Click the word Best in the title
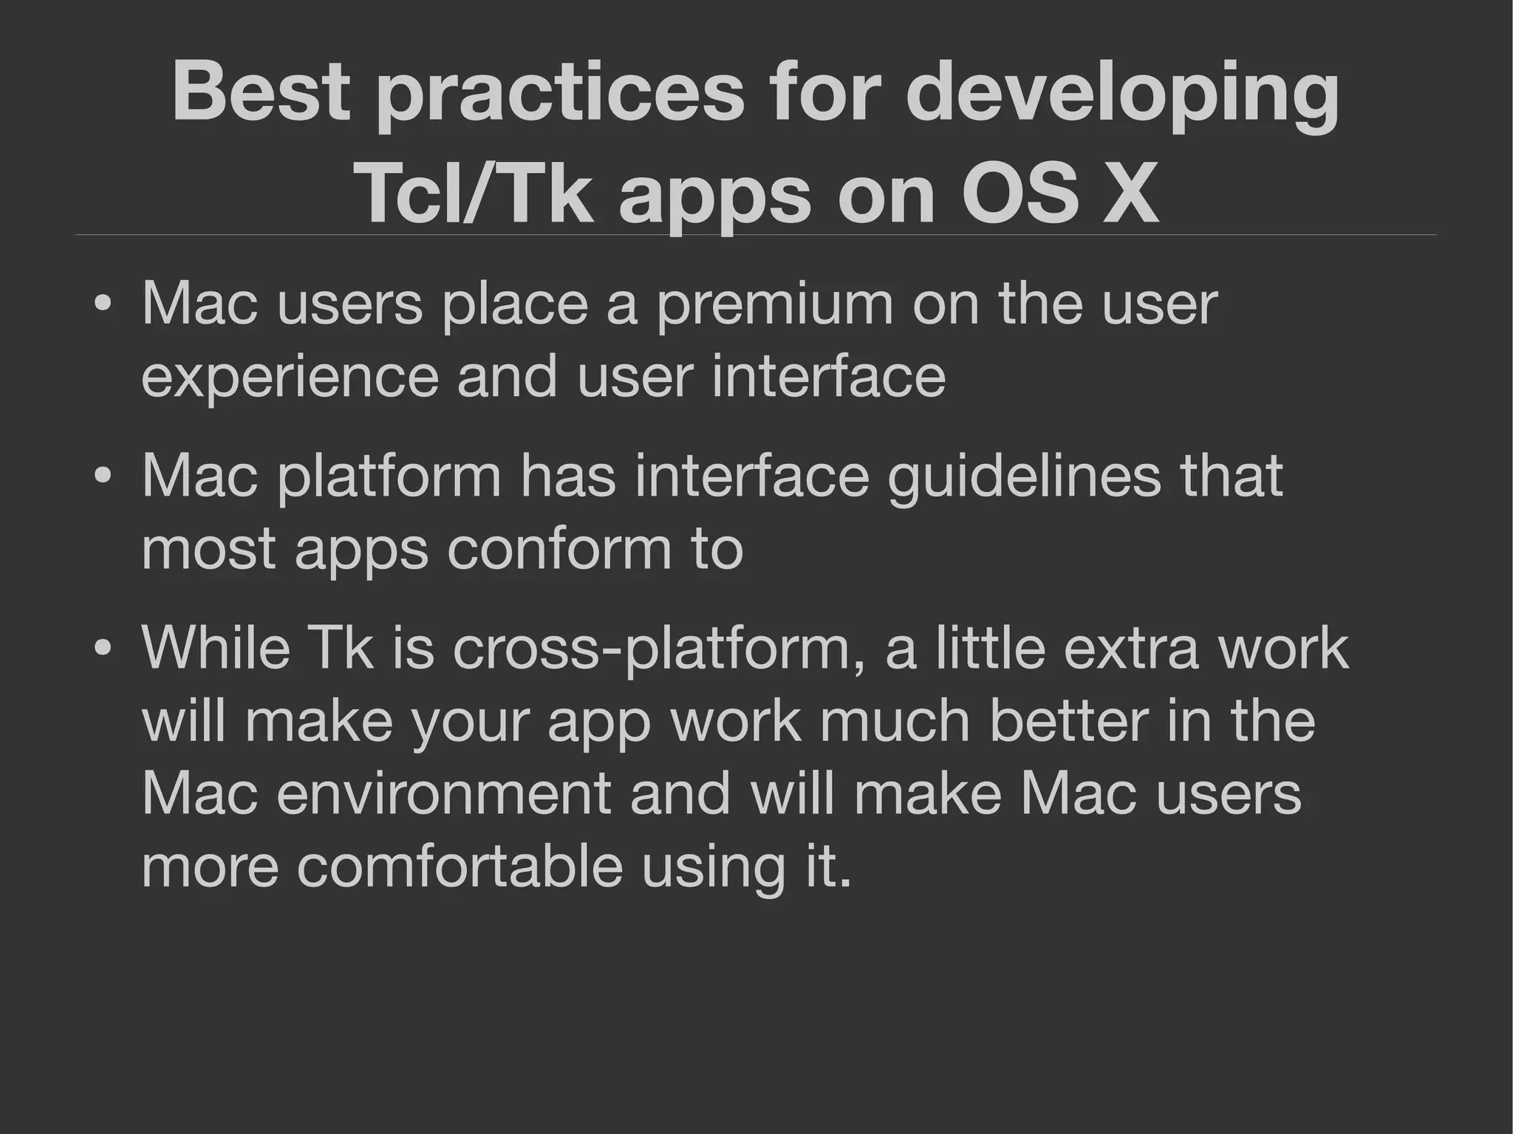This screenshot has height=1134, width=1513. (261, 92)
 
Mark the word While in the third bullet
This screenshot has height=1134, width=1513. (216, 648)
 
